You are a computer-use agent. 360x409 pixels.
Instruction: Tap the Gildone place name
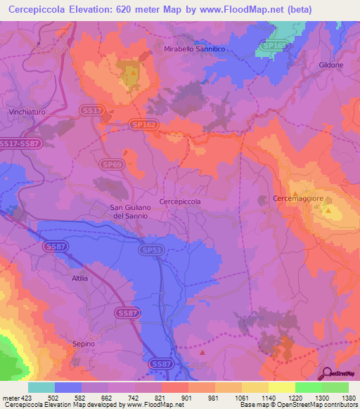330,65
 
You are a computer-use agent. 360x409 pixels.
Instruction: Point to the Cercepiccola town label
180,201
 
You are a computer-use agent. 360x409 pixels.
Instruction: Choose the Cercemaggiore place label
297,200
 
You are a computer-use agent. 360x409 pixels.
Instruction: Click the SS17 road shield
92,110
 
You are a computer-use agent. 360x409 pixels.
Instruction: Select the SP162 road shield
143,124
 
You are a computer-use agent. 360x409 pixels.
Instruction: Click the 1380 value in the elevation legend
349,397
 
